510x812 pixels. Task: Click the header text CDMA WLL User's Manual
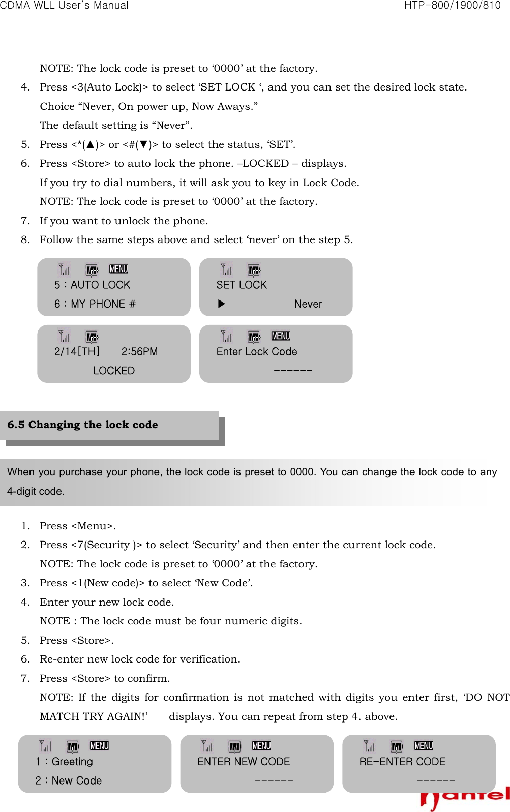coord(64,6)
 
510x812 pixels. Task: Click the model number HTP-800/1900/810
coord(452,6)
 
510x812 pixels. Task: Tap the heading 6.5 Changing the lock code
coord(82,425)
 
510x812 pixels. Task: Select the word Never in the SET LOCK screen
coord(308,304)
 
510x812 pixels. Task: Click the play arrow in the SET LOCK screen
coord(221,304)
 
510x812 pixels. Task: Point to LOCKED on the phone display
coord(114,371)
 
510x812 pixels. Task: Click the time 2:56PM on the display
coord(139,352)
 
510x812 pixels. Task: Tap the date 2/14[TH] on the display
coord(77,352)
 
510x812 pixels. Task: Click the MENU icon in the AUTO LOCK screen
coord(118,269)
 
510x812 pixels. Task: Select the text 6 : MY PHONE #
coord(95,304)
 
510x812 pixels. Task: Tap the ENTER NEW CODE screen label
coord(244,762)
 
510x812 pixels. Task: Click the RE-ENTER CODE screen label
coord(402,762)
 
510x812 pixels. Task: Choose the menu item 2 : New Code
coord(69,780)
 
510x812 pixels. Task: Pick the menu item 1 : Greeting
coord(65,762)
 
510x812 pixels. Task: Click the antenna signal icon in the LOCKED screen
coord(65,336)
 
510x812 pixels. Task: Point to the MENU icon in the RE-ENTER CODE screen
coord(424,746)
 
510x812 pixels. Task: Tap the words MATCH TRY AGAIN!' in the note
coord(94,716)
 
